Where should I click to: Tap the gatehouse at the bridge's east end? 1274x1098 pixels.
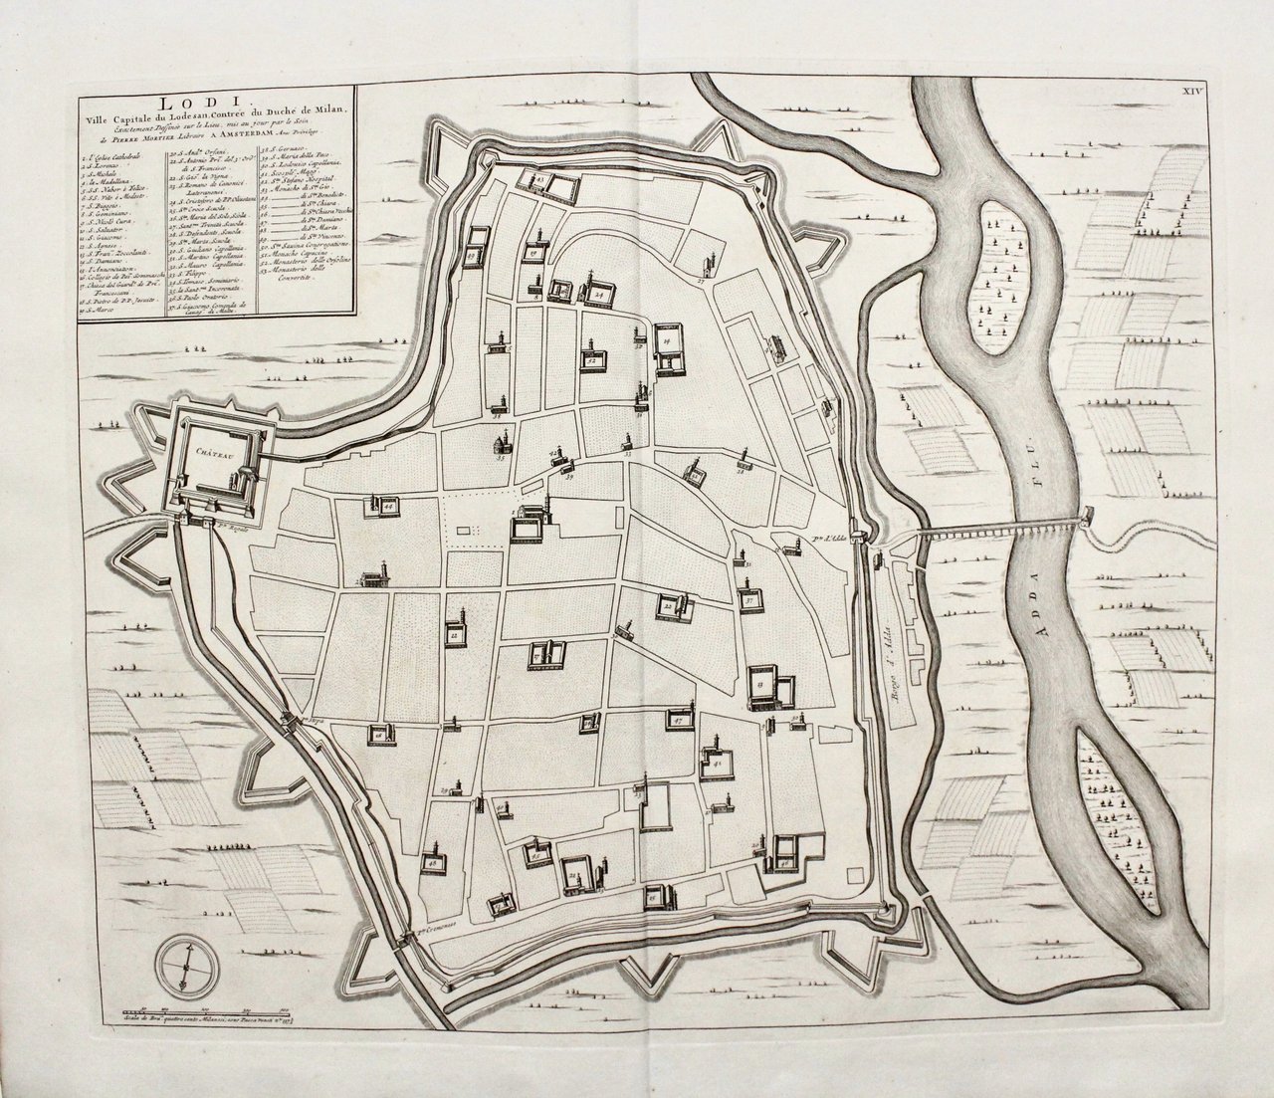(1088, 518)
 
